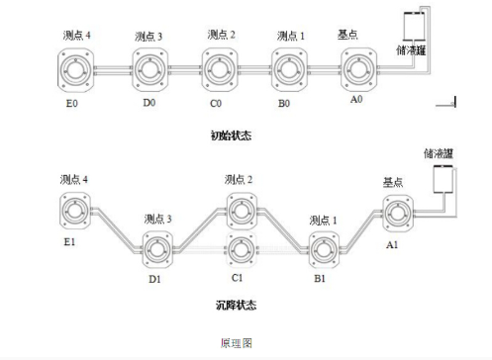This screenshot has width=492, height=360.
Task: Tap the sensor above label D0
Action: coord(148,68)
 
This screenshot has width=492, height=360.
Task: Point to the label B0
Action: coord(284,101)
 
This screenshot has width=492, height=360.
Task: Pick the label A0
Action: coord(357,100)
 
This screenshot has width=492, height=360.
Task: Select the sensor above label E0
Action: coord(75,69)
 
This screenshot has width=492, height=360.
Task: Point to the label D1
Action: coord(154,280)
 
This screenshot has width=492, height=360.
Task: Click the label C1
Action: coord(239,279)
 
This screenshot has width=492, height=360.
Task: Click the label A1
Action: coord(392,243)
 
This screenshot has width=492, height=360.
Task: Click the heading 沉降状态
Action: coord(239,305)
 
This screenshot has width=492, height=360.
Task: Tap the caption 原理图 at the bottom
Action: coord(239,343)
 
